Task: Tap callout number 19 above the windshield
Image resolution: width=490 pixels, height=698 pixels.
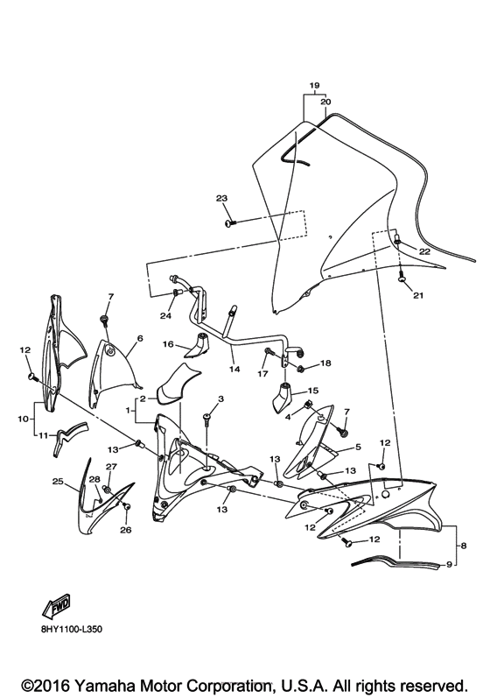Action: click(x=314, y=85)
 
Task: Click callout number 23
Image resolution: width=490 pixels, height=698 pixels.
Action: click(x=222, y=199)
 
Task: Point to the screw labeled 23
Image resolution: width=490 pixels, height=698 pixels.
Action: click(x=230, y=222)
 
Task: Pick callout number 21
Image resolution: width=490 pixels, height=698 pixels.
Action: click(x=418, y=295)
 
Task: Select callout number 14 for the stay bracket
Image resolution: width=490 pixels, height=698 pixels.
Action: click(x=234, y=369)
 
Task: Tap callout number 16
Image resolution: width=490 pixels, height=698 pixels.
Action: click(x=168, y=344)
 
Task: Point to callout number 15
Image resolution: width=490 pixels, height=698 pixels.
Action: click(x=313, y=391)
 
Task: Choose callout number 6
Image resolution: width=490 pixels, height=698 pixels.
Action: click(x=140, y=338)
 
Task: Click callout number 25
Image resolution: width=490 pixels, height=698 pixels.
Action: click(x=58, y=481)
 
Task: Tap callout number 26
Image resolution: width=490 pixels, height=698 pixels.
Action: click(x=126, y=530)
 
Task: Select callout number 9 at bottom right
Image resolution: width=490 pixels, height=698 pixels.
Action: click(x=449, y=565)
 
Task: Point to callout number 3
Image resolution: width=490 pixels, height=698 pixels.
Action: click(x=220, y=398)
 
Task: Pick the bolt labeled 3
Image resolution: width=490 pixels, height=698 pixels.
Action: click(x=206, y=418)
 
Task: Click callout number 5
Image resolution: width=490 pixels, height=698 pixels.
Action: click(x=358, y=447)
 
